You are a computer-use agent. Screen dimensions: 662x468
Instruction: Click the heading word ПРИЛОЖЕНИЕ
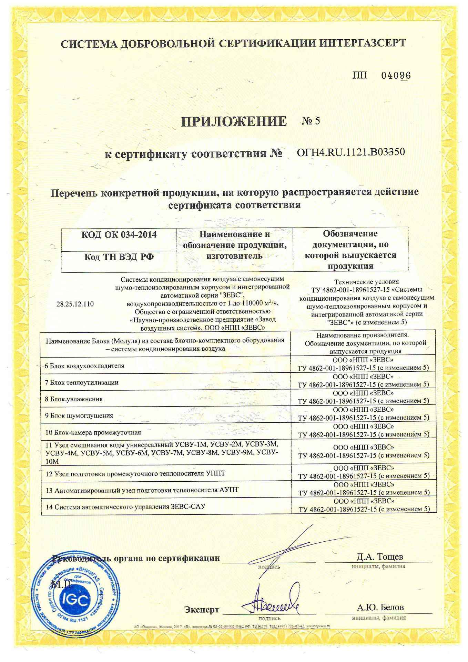point(234,121)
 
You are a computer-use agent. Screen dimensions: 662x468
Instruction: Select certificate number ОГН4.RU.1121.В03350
point(351,152)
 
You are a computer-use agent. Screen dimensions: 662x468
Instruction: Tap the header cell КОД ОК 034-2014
point(119,235)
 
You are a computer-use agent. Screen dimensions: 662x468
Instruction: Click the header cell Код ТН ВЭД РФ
point(119,257)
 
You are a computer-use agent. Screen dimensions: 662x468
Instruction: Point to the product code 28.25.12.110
point(75,304)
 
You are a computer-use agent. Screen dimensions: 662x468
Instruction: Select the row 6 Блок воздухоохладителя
point(84,365)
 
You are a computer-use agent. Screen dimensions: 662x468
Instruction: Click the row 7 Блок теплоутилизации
point(82,382)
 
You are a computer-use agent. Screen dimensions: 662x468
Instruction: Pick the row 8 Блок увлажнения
point(74,399)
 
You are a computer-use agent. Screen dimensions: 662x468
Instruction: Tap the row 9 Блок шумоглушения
point(79,415)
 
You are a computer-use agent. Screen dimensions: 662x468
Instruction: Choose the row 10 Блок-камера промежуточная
point(93,432)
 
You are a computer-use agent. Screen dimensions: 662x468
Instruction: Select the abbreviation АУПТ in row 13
point(229,490)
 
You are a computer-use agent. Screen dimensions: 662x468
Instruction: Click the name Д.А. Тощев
point(380,557)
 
